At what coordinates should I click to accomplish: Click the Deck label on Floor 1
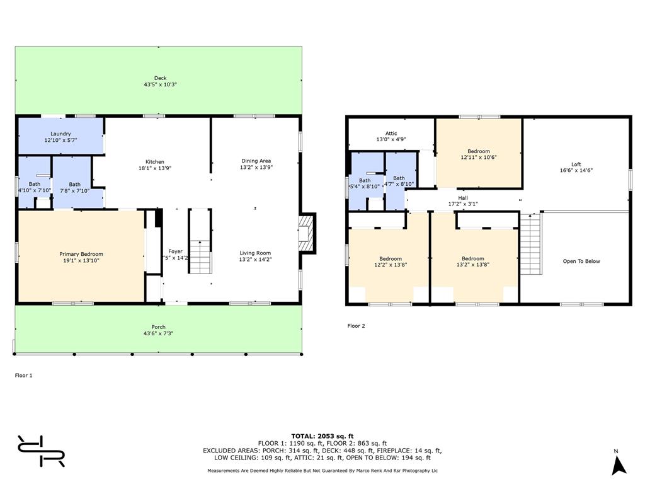(x=160, y=78)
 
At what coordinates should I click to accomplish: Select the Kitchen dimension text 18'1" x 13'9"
(x=155, y=168)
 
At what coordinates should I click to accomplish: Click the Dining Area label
(x=256, y=161)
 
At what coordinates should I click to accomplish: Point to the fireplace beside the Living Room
(x=306, y=233)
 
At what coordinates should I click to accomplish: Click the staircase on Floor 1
(x=200, y=243)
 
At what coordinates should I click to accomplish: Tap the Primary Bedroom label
(x=81, y=254)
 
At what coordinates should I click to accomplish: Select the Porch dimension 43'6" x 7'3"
(x=158, y=333)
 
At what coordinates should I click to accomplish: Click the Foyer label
(x=175, y=251)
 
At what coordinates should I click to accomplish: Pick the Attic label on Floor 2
(x=391, y=133)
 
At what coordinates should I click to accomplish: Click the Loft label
(x=576, y=164)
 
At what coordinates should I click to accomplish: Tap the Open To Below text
(x=581, y=261)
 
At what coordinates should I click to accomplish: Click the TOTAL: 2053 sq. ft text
(x=322, y=436)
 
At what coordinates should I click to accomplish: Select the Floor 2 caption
(x=356, y=326)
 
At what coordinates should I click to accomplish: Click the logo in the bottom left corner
(x=41, y=451)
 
